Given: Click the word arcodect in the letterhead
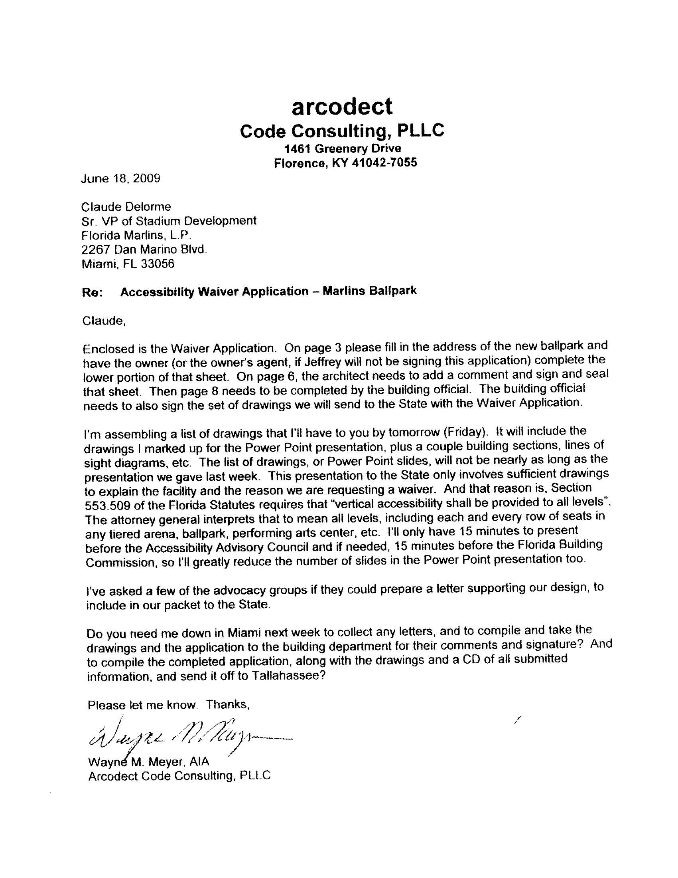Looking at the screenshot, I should (x=342, y=107).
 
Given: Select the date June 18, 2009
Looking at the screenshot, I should (x=120, y=178).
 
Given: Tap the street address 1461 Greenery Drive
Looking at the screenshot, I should (x=343, y=149).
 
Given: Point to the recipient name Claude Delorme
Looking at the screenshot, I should (x=126, y=207).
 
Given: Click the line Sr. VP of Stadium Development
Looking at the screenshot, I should (x=169, y=221).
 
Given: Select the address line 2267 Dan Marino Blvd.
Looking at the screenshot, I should (x=145, y=250).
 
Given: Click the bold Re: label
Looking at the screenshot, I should (x=93, y=292).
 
